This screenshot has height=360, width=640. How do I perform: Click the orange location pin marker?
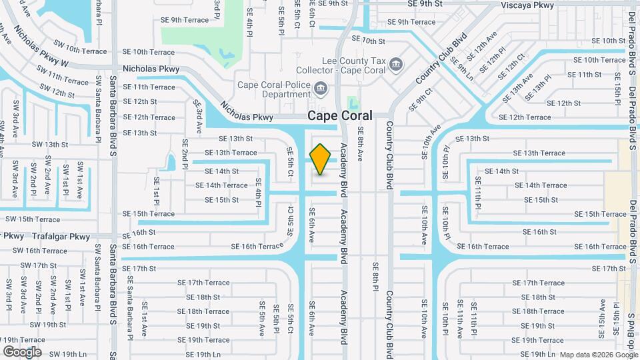click(321, 159)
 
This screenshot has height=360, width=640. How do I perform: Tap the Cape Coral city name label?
click(340, 116)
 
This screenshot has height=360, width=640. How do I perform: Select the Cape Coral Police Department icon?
click(321, 88)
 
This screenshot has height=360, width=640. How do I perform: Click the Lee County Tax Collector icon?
click(397, 64)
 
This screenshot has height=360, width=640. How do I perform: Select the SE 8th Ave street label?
click(360, 144)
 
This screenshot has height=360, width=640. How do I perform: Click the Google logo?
click(22, 351)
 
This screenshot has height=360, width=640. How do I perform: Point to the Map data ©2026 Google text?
click(598, 355)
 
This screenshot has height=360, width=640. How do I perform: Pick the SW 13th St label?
click(50, 144)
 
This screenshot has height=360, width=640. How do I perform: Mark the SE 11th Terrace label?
click(148, 87)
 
